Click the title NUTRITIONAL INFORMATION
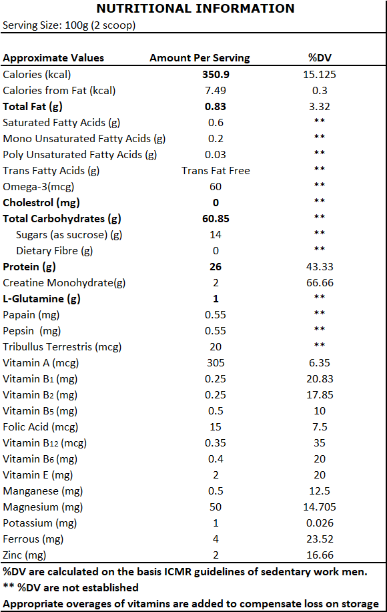[196, 8]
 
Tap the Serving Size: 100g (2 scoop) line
[69, 25]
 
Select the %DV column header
[320, 58]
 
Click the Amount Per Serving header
[200, 58]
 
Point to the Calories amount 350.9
[216, 75]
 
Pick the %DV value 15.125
[320, 75]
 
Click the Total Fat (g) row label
[33, 107]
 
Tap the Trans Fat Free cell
[216, 171]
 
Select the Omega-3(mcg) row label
[39, 187]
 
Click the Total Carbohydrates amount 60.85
[216, 219]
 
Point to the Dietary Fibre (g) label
[54, 251]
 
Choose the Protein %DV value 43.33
[320, 266]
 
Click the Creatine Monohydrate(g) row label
[64, 283]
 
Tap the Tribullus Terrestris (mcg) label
[62, 347]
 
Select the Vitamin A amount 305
[216, 362]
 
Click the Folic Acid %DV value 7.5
[320, 426]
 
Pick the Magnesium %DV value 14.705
[320, 507]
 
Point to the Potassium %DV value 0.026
[320, 523]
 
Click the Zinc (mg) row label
[25, 555]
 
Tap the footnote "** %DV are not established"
[71, 587]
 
